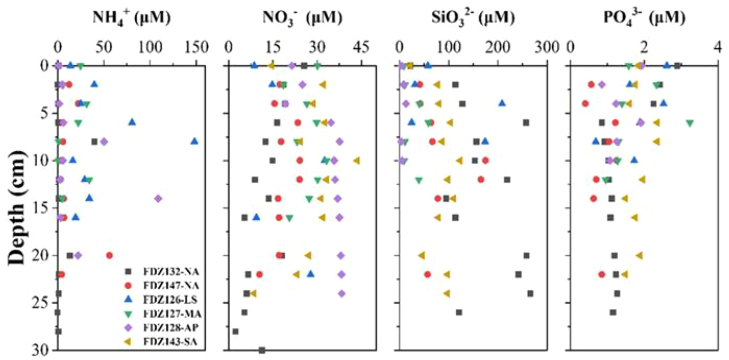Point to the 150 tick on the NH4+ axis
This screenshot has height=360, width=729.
(196, 48)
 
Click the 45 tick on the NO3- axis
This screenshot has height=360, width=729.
(361, 48)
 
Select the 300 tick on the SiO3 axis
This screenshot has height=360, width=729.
(546, 48)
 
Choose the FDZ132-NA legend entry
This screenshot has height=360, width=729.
(171, 272)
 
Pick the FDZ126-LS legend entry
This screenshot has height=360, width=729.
(170, 300)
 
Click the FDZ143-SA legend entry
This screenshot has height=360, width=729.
(170, 342)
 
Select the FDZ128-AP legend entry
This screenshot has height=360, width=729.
(171, 328)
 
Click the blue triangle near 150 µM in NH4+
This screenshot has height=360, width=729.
(194, 141)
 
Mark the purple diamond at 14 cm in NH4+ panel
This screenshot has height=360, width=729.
(158, 199)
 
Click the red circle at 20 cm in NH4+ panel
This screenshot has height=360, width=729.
(109, 256)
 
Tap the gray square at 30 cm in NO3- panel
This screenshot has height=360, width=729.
(262, 350)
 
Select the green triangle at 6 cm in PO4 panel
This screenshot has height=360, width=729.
(690, 123)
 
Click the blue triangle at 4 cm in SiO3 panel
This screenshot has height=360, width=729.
(502, 103)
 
